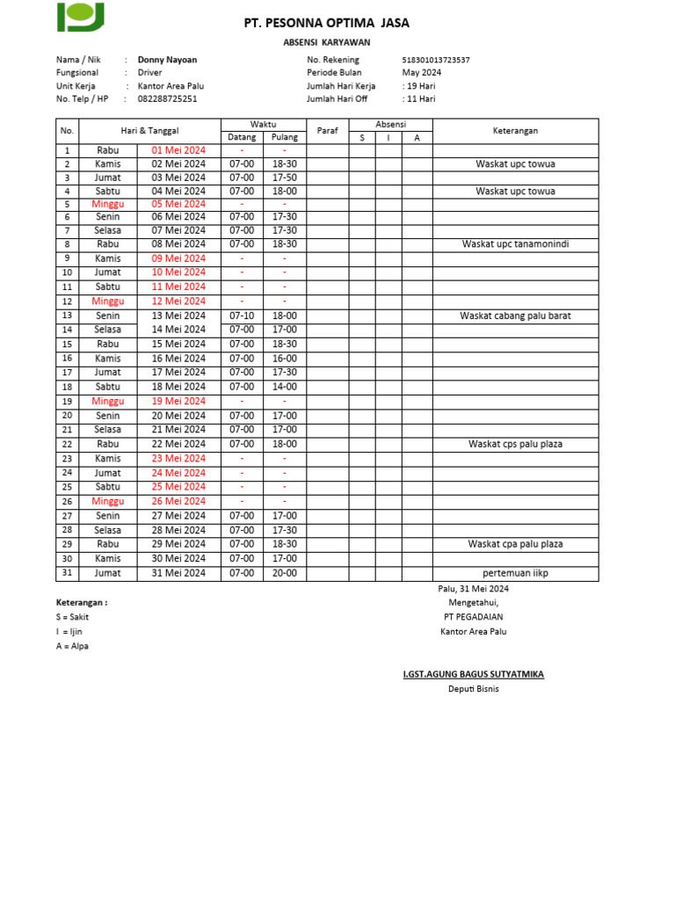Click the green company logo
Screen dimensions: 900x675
pos(81,17)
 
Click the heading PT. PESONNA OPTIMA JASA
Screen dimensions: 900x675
pos(326,24)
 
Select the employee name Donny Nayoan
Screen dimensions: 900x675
pos(167,60)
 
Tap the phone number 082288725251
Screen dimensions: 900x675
pos(167,99)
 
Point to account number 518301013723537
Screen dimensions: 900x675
pos(435,60)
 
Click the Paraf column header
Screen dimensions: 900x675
pos(327,131)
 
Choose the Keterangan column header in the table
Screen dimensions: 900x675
pos(515,131)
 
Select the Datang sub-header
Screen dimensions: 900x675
pos(242,137)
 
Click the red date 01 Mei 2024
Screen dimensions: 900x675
pos(178,150)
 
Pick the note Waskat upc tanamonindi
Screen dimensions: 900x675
pos(515,244)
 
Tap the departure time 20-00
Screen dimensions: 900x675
pos(284,573)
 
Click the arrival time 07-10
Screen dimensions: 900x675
pos(242,316)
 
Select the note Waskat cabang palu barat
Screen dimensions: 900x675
pos(515,316)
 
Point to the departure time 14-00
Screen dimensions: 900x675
pos(284,387)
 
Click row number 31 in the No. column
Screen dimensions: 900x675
pos(67,573)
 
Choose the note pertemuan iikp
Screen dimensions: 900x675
pos(515,573)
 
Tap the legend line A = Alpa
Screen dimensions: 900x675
pos(72,646)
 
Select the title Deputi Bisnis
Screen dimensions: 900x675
pos(473,689)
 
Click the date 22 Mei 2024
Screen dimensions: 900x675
pos(178,444)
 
